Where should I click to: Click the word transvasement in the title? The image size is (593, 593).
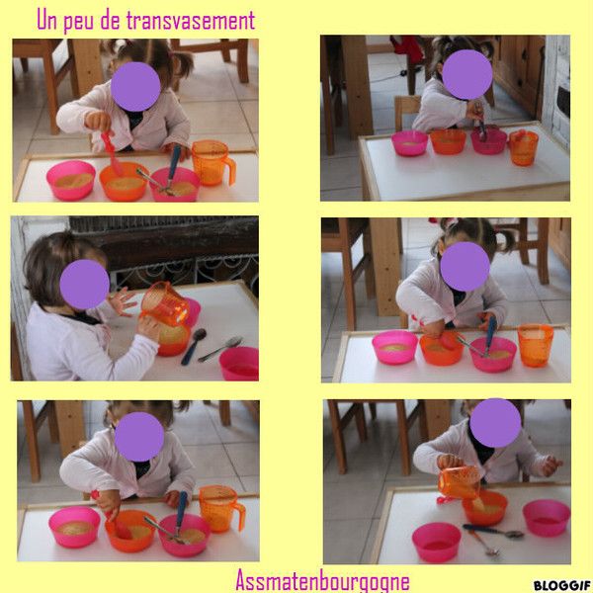191,21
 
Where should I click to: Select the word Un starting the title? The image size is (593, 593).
46,20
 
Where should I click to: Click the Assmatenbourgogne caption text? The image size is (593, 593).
322,580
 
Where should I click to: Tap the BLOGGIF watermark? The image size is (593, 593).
562,585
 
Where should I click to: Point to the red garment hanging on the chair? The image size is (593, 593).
407,49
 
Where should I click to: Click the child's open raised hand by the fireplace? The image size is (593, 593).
122,301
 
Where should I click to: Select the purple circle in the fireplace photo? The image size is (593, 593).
85,285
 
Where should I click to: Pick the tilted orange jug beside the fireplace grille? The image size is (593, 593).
165,303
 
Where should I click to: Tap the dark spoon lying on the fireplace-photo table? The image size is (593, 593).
194,346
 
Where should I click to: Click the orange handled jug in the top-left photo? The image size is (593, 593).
212,163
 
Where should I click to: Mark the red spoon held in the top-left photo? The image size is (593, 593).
112,153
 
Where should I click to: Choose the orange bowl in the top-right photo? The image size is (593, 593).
448,141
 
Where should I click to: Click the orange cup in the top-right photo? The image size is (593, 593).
524,148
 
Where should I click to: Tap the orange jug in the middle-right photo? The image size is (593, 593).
535,345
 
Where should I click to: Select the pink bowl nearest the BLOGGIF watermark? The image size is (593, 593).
547,518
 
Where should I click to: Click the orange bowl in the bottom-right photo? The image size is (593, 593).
485,509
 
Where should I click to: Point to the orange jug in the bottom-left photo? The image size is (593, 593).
221,509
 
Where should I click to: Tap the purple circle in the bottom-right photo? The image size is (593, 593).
495,423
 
